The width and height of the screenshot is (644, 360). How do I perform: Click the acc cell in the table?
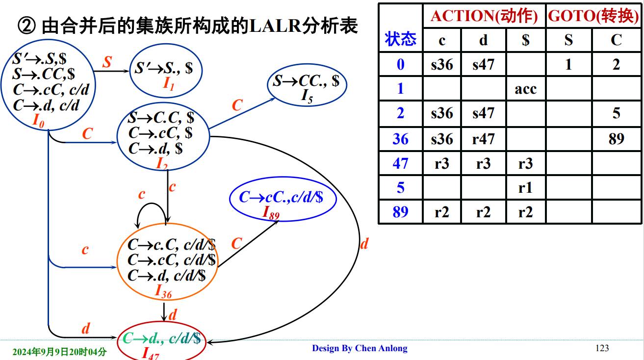tap(525, 89)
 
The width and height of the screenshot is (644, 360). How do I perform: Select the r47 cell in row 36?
tap(483, 139)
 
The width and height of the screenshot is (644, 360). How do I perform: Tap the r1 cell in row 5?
tap(525, 188)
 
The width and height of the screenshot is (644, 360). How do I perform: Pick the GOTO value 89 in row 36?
tap(616, 139)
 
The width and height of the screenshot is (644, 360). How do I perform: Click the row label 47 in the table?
tap(401, 164)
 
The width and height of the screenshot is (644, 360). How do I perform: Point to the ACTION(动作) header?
tap(484, 16)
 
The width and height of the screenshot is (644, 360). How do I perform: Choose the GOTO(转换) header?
tap(593, 16)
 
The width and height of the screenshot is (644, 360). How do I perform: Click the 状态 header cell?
tap(401, 39)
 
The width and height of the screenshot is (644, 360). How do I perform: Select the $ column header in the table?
tap(526, 40)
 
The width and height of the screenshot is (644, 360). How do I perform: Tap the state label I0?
tap(38, 121)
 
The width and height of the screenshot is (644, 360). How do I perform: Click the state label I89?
tap(271, 213)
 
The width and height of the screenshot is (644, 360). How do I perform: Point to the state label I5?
tap(307, 96)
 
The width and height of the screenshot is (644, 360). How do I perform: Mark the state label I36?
tap(163, 291)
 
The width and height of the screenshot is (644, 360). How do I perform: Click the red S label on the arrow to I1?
tap(107, 61)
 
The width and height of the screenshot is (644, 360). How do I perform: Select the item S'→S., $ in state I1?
tap(164, 68)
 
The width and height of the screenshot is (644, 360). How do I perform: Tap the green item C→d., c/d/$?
tap(161, 338)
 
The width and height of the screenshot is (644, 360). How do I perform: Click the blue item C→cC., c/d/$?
tap(281, 197)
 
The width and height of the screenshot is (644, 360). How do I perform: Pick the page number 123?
tap(602, 348)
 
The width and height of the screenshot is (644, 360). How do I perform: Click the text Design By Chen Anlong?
tap(360, 348)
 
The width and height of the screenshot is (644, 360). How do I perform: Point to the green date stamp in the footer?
tap(59, 352)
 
